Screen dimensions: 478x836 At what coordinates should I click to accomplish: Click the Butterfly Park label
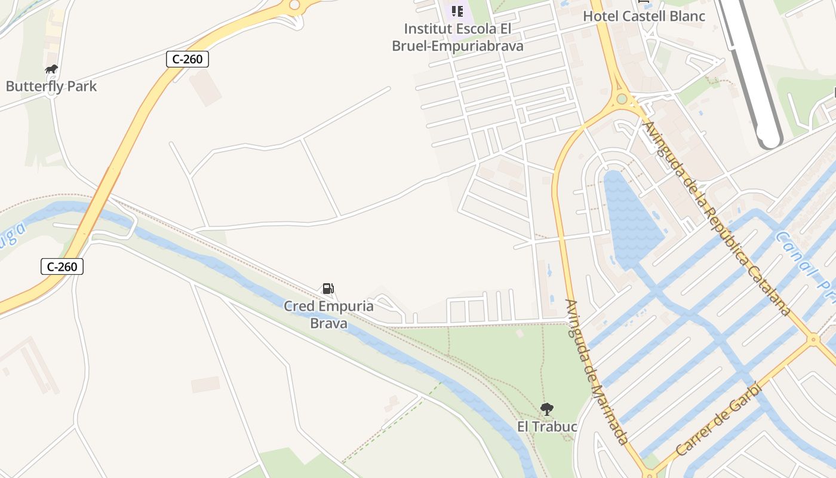[x=51, y=86]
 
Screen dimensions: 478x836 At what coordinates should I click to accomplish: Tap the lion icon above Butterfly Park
[x=51, y=69]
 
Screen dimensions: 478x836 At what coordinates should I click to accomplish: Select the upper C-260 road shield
[x=188, y=59]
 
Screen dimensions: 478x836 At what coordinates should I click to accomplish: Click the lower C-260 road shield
[x=62, y=266]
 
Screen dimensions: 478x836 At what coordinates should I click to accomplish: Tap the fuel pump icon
[x=328, y=289]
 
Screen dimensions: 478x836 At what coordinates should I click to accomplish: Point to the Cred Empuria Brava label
[x=328, y=315]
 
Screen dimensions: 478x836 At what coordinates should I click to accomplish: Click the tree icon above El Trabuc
[x=546, y=409]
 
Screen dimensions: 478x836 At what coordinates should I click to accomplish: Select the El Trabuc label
[x=547, y=427]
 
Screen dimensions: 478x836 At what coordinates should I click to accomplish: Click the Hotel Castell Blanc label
[x=644, y=16]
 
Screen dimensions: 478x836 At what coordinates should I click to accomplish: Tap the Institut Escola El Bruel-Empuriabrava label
[x=457, y=37]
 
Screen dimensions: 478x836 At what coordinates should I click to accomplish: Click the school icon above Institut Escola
[x=457, y=11]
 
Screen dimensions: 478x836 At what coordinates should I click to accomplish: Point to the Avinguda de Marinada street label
[x=596, y=372]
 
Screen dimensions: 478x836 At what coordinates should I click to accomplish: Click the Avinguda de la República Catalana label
[x=717, y=218]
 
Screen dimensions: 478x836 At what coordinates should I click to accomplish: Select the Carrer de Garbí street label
[x=719, y=419]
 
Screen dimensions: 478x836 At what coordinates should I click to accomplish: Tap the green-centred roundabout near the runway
[x=622, y=99]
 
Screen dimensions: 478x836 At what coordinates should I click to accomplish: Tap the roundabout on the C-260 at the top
[x=295, y=5]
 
